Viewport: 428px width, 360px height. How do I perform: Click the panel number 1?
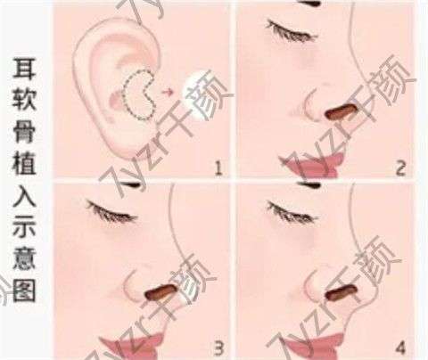point(218,168)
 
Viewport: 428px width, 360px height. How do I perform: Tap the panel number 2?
point(400,169)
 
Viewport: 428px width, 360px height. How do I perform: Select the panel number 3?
point(218,348)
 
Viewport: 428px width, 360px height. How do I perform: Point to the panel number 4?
point(400,347)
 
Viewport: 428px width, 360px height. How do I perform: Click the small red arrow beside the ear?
point(168,92)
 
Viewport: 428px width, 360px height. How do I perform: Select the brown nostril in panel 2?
point(341,110)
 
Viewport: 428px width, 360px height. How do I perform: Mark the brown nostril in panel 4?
point(342,291)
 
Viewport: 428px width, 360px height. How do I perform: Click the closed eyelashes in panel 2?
point(292,30)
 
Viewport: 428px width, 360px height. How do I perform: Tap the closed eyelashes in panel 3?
point(111,211)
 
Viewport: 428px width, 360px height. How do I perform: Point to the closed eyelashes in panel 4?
point(292,211)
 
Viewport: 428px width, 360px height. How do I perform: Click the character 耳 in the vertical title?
point(24,69)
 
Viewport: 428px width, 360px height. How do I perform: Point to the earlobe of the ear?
point(122,143)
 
